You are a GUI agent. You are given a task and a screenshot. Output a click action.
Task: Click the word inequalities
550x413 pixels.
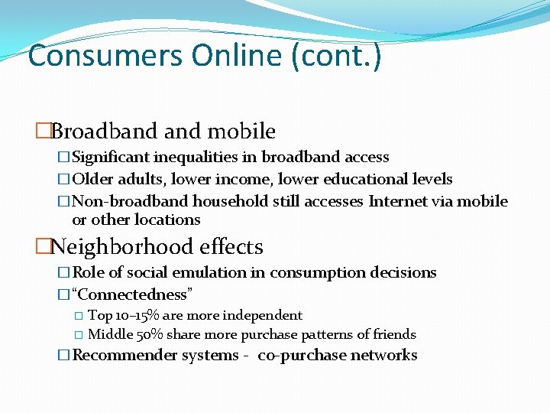click(205, 157)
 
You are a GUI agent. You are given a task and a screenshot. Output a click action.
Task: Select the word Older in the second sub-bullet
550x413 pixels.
click(93, 179)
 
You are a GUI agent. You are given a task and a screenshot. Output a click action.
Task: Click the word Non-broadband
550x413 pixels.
click(131, 201)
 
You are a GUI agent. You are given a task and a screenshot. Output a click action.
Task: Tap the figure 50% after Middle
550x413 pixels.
click(148, 334)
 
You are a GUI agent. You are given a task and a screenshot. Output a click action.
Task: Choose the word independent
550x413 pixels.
click(263, 315)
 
